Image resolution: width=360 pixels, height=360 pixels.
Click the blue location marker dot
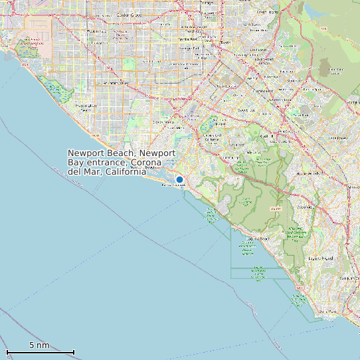179,179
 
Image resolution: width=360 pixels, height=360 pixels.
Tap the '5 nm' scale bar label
39,345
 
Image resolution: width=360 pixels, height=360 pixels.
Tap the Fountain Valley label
114,83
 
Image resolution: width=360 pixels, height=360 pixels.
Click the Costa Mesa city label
164,122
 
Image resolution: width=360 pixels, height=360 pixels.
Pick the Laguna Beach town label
259,238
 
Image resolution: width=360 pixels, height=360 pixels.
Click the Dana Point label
327,310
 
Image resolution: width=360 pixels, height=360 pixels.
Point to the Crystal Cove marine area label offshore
211,216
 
